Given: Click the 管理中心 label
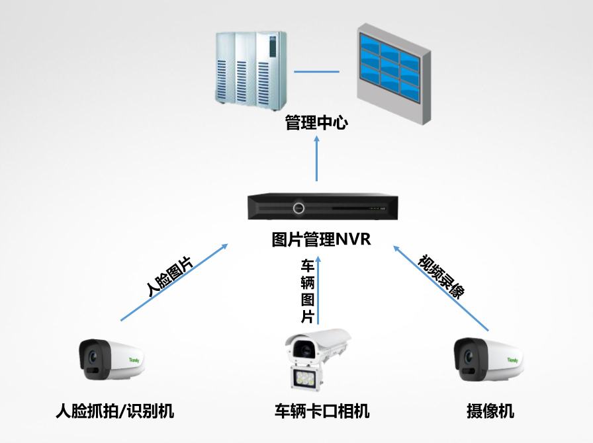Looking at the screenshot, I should click(x=316, y=123).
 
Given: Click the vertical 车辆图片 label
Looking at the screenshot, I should click(x=308, y=291).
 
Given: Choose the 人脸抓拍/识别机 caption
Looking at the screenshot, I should click(x=114, y=411).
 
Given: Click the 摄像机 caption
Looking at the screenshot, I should click(x=490, y=411).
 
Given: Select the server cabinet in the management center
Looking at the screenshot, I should click(x=250, y=69).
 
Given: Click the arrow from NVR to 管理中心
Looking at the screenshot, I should click(x=316, y=159).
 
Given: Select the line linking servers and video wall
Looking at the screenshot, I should click(x=316, y=71).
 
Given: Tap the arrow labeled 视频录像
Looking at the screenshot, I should click(x=442, y=286).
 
